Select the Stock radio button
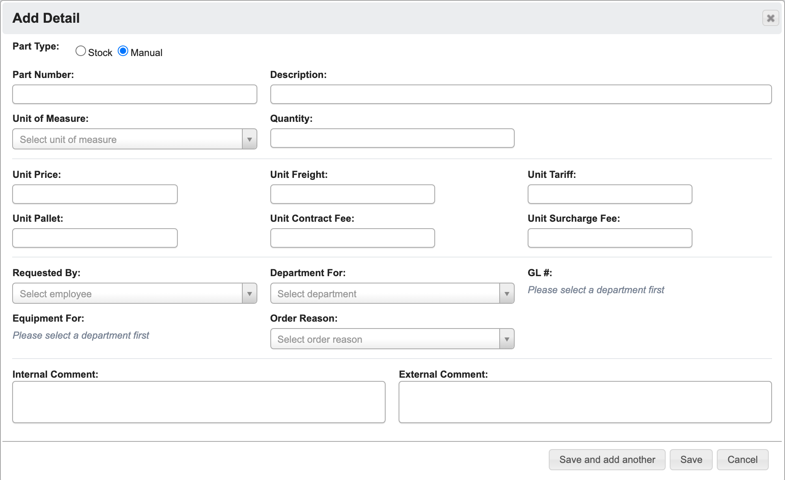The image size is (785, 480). click(81, 51)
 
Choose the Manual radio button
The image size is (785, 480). click(123, 51)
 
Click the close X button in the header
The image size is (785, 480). click(770, 18)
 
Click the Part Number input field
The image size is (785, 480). click(135, 94)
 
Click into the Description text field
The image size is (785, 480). click(521, 94)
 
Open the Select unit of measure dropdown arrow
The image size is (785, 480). click(250, 139)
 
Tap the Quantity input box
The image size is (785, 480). click(392, 138)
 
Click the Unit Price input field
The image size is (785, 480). click(95, 194)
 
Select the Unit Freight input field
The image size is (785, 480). click(352, 194)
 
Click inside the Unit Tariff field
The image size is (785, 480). click(610, 194)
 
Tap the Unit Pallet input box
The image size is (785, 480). click(95, 238)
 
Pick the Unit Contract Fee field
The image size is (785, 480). click(352, 238)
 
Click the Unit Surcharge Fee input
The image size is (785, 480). click(610, 238)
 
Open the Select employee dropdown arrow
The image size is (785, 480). click(250, 294)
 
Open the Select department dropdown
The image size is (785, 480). click(392, 293)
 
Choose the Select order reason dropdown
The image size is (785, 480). click(392, 339)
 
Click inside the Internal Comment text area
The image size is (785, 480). click(199, 402)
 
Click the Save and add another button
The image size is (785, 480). click(607, 460)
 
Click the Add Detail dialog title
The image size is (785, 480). click(46, 18)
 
